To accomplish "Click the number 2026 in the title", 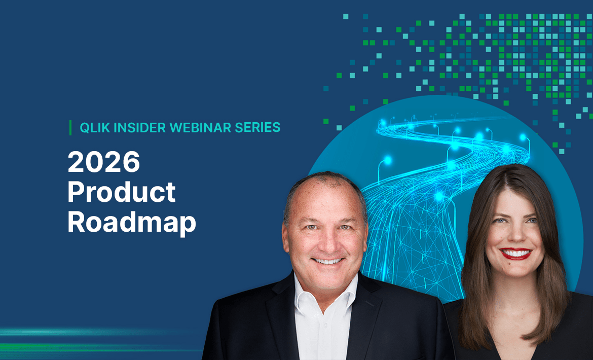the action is click(104, 162).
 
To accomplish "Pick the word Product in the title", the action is click(122, 193).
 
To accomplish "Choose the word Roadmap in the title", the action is click(132, 223).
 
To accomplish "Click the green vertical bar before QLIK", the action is click(70, 128).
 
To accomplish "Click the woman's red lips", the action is click(515, 254).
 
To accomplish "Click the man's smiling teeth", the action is click(327, 261).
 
